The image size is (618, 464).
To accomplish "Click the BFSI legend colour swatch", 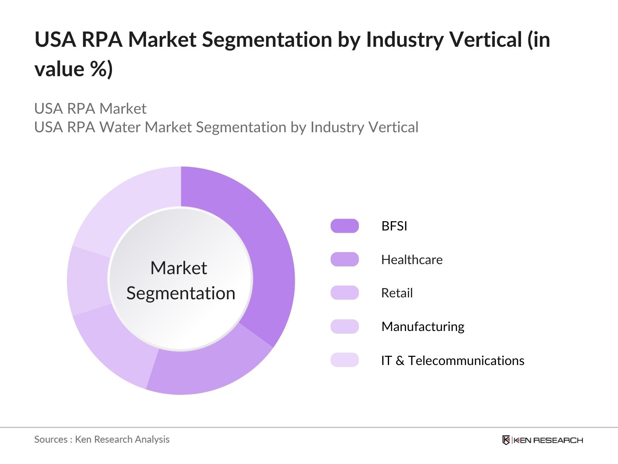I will click(345, 226).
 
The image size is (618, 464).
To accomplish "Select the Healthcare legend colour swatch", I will click(345, 259).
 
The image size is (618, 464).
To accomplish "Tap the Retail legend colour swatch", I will click(345, 293).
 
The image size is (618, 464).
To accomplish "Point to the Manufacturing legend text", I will click(423, 327).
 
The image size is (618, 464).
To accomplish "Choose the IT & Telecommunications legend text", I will click(452, 360).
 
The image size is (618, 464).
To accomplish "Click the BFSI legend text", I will click(394, 226).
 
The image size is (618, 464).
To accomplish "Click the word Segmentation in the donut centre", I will click(181, 293).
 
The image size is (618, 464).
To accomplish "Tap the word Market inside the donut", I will click(178, 268).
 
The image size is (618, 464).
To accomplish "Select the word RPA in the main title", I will click(102, 39).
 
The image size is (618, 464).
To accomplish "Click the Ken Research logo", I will click(542, 440).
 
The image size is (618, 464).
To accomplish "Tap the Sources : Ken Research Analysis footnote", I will click(102, 439).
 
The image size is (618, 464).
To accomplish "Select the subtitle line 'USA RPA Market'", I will click(90, 109).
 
